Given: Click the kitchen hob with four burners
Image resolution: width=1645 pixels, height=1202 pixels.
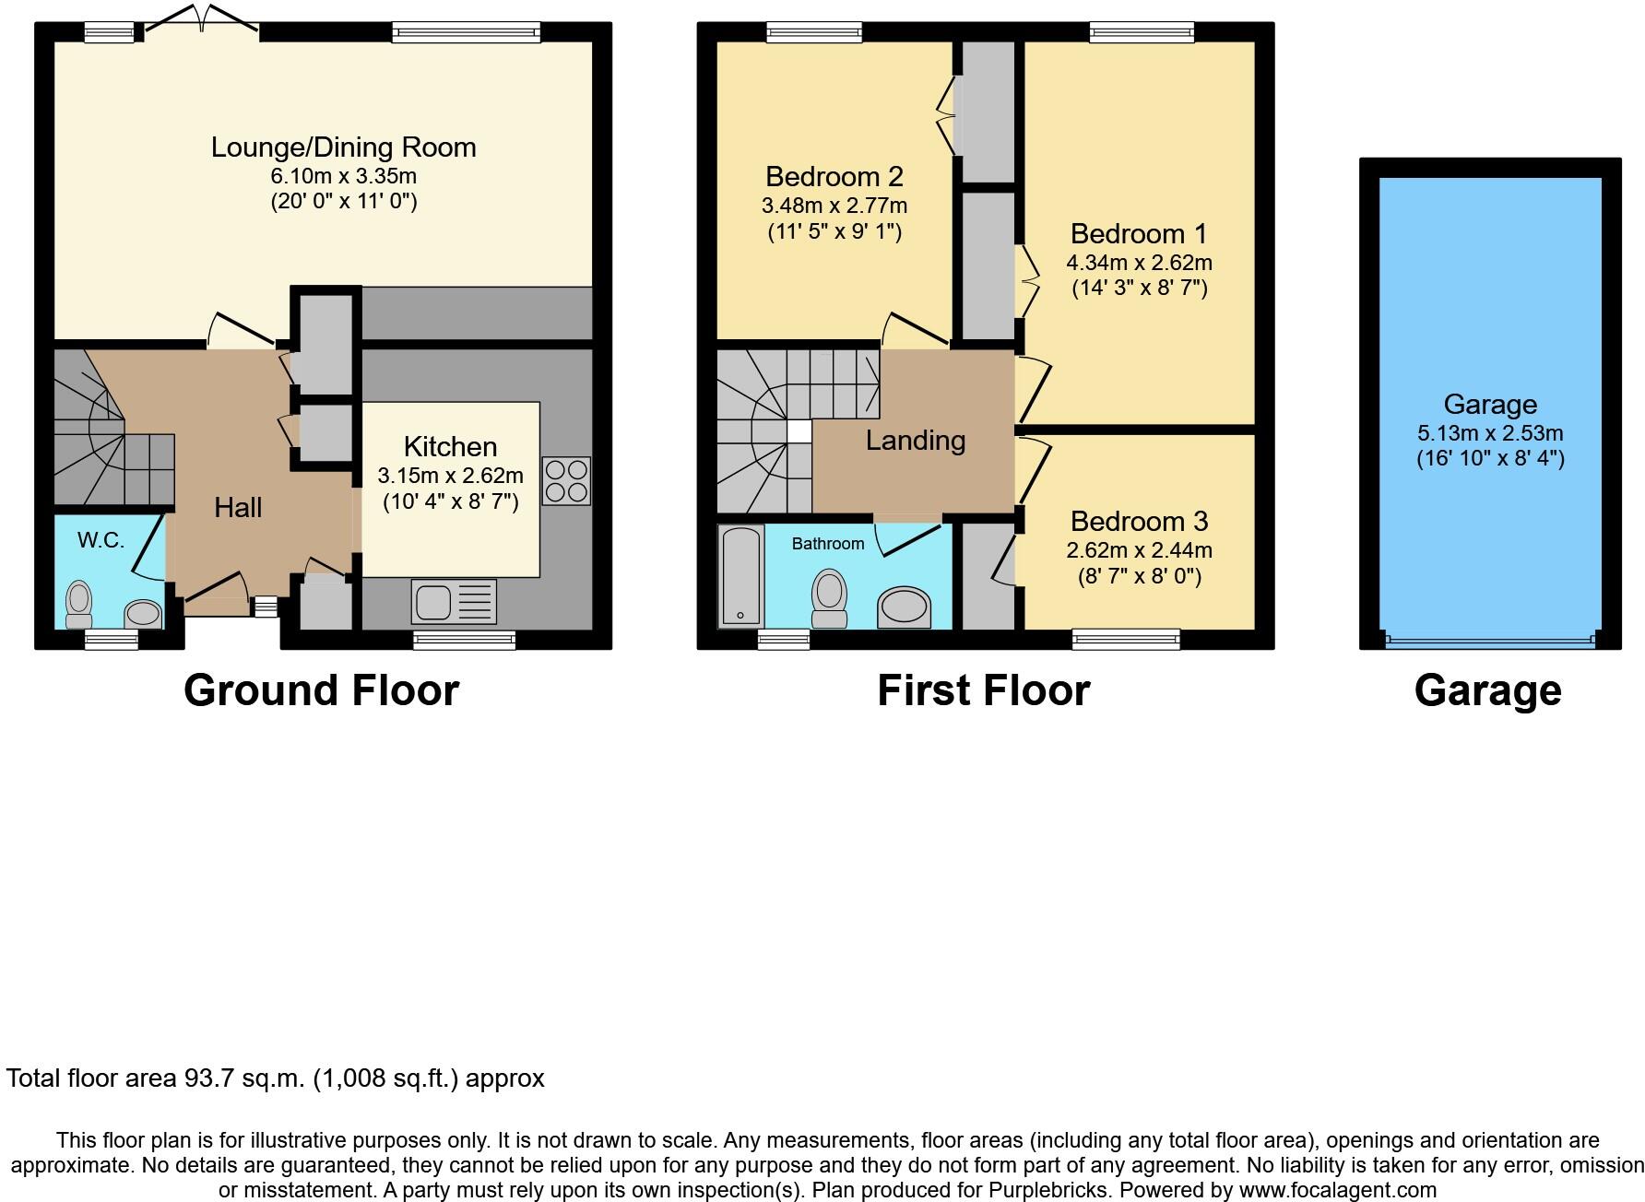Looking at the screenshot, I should click(566, 480).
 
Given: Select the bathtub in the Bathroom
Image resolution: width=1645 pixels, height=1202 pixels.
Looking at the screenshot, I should click(740, 576).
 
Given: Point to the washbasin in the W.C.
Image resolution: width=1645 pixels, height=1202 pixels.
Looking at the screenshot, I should click(143, 614).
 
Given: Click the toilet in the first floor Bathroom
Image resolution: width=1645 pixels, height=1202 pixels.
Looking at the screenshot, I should click(830, 597).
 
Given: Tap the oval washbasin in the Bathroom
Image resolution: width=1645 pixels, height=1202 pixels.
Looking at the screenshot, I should click(904, 608).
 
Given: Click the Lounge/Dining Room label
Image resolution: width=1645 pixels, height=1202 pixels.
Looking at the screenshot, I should click(343, 147).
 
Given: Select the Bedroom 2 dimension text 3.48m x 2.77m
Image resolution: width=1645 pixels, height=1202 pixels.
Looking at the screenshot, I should click(834, 206).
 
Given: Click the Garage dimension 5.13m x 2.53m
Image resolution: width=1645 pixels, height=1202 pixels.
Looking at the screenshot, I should click(1490, 433).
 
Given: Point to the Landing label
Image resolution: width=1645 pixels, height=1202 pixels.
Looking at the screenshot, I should click(915, 441).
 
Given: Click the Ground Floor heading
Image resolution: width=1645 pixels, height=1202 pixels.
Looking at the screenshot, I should click(321, 690).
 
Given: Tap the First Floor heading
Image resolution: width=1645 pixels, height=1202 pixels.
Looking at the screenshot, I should click(983, 690).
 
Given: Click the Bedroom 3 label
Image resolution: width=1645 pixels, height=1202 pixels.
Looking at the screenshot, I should click(1139, 522).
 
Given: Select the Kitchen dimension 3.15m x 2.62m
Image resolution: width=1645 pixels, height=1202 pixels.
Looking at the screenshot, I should click(450, 477).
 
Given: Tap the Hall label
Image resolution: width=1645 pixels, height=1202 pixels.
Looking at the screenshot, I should click(238, 508).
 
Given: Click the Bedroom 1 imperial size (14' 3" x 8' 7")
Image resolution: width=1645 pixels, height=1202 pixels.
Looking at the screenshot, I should click(1139, 289).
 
